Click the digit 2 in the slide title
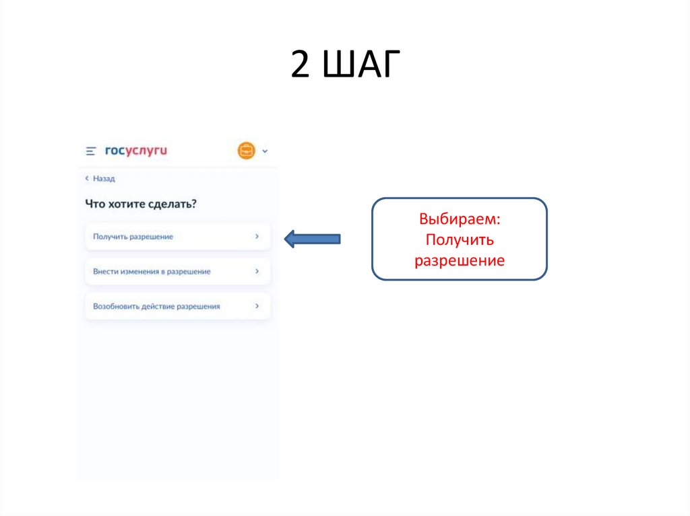pyautogui.click(x=302, y=66)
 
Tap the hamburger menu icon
pyautogui.click(x=91, y=151)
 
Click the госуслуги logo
pyautogui.click(x=135, y=151)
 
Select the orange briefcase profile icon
pyautogui.click(x=247, y=151)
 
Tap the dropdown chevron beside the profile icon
pyautogui.click(x=265, y=151)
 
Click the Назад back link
pyautogui.click(x=104, y=179)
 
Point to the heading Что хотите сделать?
pyautogui.click(x=141, y=204)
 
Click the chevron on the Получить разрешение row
pyautogui.click(x=257, y=237)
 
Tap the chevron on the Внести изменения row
pyautogui.click(x=257, y=272)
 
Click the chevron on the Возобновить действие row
pyautogui.click(x=257, y=306)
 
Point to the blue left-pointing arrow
pyautogui.click(x=312, y=238)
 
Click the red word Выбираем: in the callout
pyautogui.click(x=459, y=220)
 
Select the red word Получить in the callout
pyautogui.click(x=459, y=240)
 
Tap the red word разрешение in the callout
pyautogui.click(x=459, y=260)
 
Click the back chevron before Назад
pyautogui.click(x=87, y=179)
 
